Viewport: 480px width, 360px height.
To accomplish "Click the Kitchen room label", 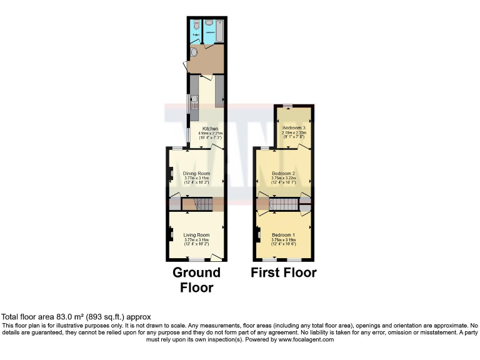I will click(x=210, y=129).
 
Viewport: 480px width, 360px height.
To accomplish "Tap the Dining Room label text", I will click(x=196, y=173).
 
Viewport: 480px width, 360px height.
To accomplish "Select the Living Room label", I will click(x=196, y=235).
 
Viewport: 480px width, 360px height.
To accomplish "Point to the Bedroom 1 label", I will click(x=284, y=235).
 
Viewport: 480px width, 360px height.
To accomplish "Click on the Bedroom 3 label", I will click(x=293, y=127).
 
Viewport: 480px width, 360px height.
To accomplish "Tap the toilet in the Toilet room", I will click(x=196, y=25).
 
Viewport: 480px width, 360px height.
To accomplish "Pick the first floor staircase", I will click(x=284, y=204).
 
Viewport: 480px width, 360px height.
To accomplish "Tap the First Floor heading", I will click(x=284, y=272).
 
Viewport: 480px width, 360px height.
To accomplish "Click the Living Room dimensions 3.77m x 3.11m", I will click(x=196, y=240).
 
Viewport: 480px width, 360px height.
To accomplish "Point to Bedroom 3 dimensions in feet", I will click(x=293, y=137).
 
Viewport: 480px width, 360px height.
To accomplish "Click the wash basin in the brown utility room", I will click(x=193, y=53).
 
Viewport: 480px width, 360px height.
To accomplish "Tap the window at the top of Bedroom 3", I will click(x=287, y=106).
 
